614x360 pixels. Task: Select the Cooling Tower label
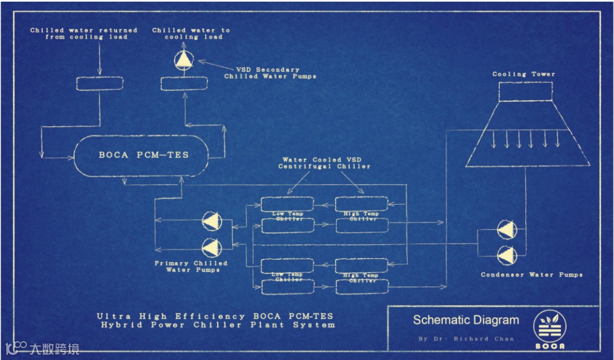click(x=524, y=74)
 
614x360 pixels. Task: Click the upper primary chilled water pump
click(x=213, y=222)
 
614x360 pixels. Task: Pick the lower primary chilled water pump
click(x=213, y=246)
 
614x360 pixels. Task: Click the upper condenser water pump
click(x=507, y=230)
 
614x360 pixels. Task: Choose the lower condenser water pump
click(x=507, y=255)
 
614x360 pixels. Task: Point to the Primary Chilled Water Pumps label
click(x=191, y=266)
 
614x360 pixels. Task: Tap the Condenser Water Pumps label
click(x=532, y=275)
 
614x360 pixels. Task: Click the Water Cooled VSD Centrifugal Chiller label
click(x=324, y=163)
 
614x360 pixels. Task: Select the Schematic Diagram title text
click(x=466, y=320)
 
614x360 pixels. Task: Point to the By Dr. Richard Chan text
click(x=466, y=339)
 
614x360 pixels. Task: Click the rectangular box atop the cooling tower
click(x=525, y=92)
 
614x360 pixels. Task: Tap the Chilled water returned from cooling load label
click(x=84, y=34)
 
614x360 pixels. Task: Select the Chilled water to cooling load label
click(x=191, y=34)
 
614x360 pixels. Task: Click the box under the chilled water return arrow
click(x=99, y=84)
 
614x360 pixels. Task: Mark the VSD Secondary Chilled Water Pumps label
click(x=270, y=73)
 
